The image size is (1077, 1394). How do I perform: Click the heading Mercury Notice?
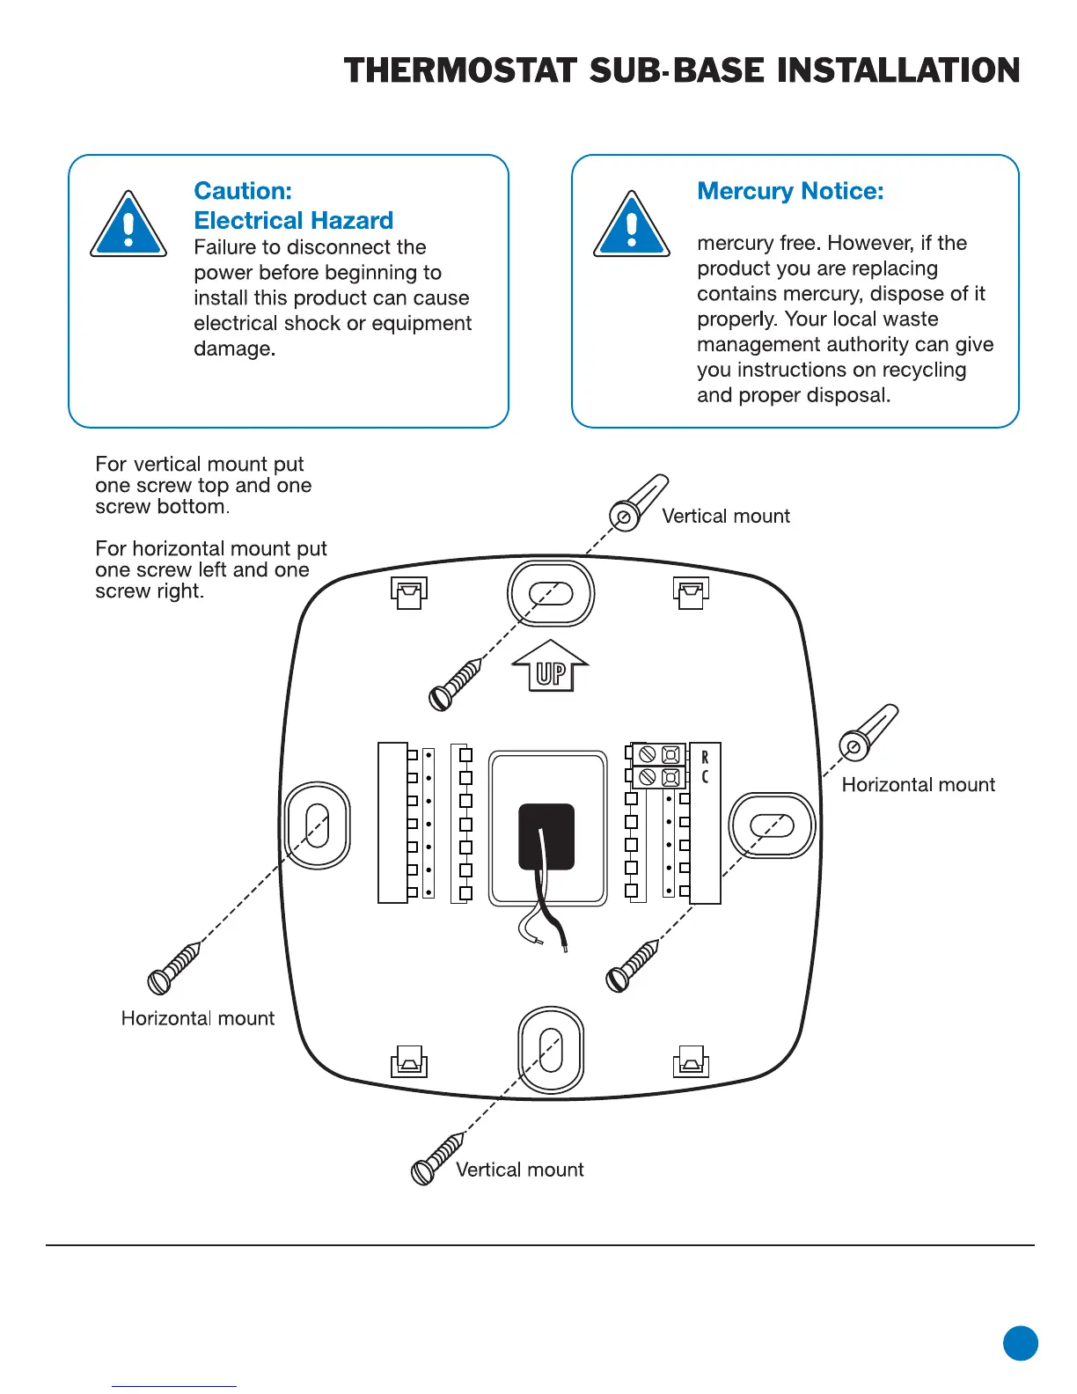[790, 191]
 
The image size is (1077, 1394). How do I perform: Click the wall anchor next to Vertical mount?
[637, 502]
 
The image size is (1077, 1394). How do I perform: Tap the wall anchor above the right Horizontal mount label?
[868, 732]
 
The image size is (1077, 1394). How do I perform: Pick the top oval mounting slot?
[551, 593]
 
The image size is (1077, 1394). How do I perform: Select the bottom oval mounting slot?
[551, 1050]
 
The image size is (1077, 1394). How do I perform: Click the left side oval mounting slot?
[318, 825]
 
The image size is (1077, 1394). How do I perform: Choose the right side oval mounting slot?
[773, 825]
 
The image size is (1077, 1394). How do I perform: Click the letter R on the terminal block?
[705, 758]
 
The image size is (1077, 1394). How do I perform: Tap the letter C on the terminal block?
[705, 777]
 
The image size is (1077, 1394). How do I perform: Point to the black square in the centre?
[546, 836]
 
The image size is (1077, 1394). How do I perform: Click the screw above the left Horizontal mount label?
[173, 967]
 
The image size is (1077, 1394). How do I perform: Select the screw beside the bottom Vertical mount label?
[436, 1159]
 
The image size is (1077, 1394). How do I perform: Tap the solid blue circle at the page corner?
[1021, 1343]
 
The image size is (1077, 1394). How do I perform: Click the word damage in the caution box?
[233, 348]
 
